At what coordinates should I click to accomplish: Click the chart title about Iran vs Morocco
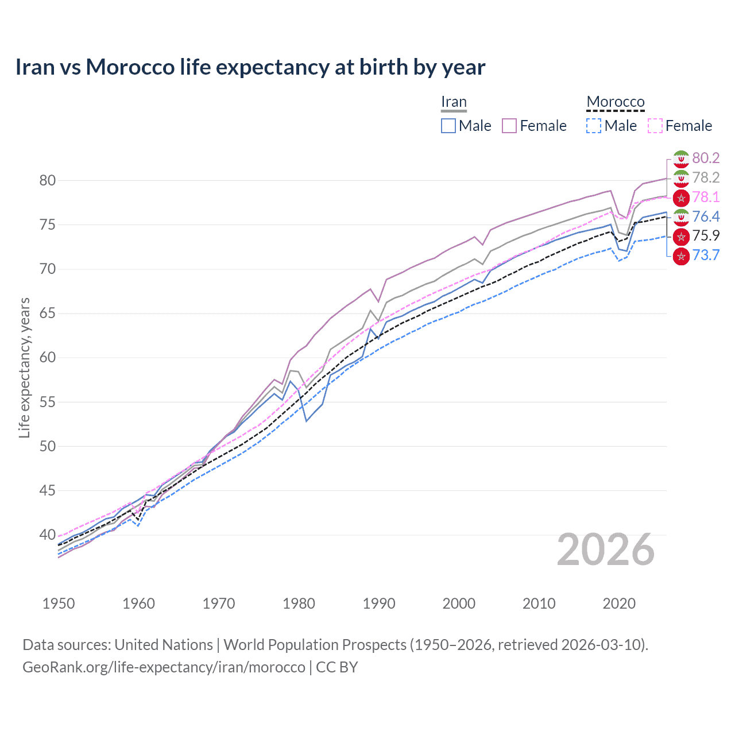click(250, 67)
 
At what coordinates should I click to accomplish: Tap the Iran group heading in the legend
click(454, 102)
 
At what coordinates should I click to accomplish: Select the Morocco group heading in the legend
click(616, 102)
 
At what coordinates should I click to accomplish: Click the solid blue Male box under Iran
click(448, 126)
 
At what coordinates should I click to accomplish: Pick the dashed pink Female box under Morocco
click(655, 126)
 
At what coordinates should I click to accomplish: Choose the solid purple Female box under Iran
click(510, 126)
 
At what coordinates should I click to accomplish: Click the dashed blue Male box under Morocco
click(594, 126)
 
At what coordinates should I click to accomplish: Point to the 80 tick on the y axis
click(48, 180)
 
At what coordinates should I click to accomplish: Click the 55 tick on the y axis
click(48, 402)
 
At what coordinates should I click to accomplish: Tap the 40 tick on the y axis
click(48, 535)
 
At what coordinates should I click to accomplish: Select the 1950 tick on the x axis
click(59, 604)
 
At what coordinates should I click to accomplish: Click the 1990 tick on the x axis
click(379, 604)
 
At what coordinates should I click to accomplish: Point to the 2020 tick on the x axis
click(619, 604)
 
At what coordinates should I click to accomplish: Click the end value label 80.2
click(706, 158)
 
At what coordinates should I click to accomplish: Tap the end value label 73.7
click(706, 256)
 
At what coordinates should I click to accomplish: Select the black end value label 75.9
click(706, 236)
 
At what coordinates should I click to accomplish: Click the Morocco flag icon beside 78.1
click(681, 198)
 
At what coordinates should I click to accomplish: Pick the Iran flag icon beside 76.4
click(681, 217)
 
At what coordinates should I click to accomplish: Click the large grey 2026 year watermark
click(606, 550)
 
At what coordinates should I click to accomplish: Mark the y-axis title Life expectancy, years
click(25, 367)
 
